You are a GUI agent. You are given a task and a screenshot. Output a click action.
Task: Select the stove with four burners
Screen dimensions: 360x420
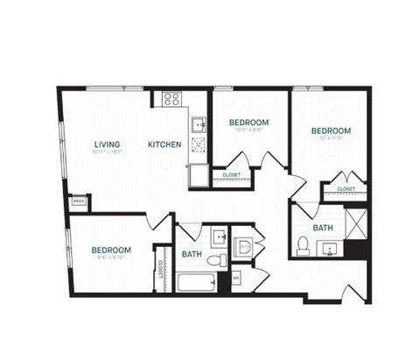pyautogui.click(x=168, y=99)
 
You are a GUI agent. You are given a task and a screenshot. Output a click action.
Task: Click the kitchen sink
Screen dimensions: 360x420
pyautogui.click(x=199, y=123)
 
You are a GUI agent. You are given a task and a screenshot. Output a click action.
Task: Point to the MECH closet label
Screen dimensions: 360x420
pyautogui.click(x=78, y=201)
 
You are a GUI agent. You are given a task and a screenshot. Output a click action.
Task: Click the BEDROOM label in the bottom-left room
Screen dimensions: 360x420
pyautogui.click(x=111, y=250)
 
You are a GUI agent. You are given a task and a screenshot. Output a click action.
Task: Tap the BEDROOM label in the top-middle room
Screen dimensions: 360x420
pyautogui.click(x=249, y=123)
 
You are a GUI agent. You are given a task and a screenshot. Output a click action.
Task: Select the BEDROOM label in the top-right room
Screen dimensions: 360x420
pyautogui.click(x=330, y=131)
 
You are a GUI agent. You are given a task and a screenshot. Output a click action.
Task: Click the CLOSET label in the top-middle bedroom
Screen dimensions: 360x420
pyautogui.click(x=232, y=175)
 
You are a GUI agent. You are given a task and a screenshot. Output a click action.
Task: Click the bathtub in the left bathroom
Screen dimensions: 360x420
pyautogui.click(x=197, y=283)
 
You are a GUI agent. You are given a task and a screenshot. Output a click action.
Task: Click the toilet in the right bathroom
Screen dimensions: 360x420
pyautogui.click(x=302, y=244)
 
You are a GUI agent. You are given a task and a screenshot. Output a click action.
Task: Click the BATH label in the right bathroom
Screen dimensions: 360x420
pyautogui.click(x=323, y=228)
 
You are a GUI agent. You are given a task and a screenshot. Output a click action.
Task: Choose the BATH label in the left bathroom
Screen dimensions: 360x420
pyautogui.click(x=192, y=255)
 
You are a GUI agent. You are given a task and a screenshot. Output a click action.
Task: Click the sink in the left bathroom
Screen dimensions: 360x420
pyautogui.click(x=218, y=236)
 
